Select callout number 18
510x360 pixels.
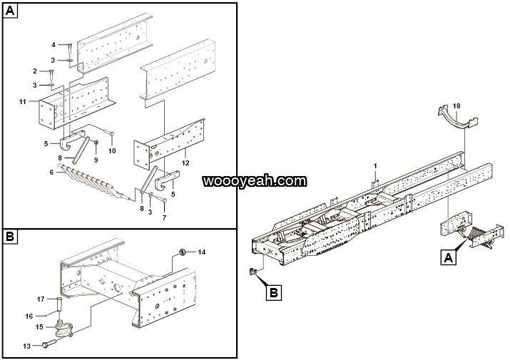click(457, 106)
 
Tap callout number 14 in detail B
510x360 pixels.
click(202, 252)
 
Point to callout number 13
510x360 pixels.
click(26, 345)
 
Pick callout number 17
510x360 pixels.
click(41, 299)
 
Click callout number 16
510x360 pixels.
click(30, 315)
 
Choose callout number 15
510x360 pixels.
click(40, 326)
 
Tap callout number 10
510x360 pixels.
click(112, 150)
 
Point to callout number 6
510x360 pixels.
click(51, 173)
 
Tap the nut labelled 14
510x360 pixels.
click(183, 251)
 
